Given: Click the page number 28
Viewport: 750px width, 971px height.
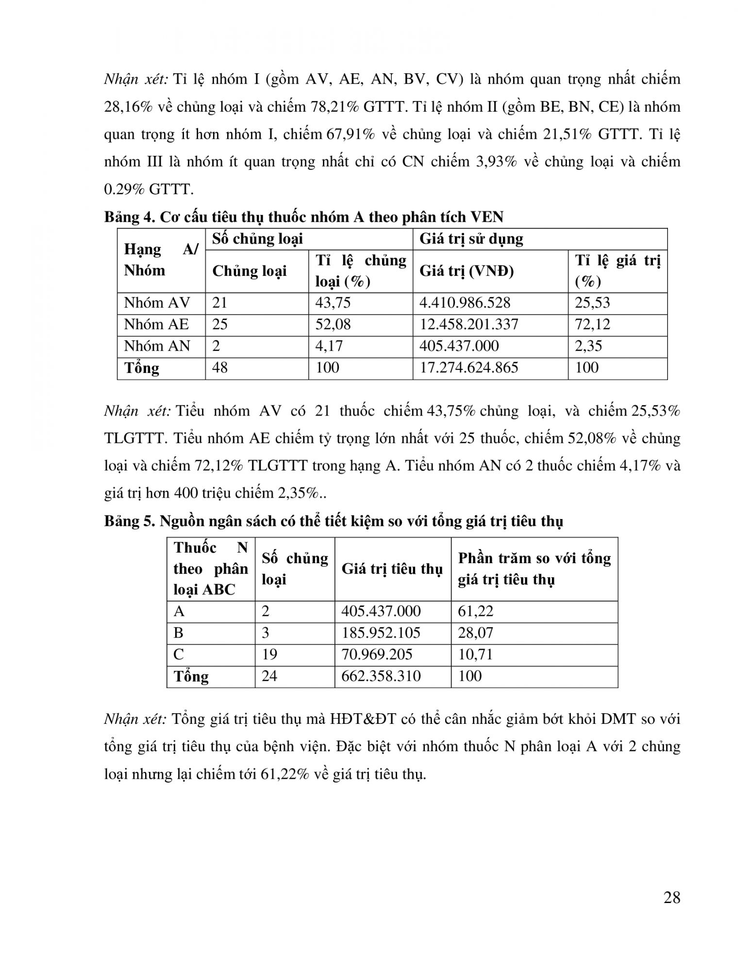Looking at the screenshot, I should click(x=671, y=898).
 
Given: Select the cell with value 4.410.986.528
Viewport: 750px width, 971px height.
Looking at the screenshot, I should click(x=465, y=303).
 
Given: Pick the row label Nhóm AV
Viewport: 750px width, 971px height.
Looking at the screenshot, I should click(x=157, y=303).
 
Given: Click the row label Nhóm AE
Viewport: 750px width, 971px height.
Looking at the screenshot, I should click(x=156, y=324).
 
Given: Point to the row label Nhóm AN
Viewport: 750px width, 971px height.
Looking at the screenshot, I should click(x=157, y=346).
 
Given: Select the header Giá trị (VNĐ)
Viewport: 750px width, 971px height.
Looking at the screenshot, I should click(x=466, y=271).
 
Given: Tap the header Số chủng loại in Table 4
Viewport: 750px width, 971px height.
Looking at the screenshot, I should click(x=257, y=239).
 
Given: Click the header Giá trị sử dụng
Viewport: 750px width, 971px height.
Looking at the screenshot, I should click(x=471, y=239).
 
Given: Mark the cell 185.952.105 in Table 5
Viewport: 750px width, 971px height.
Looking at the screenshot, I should click(x=381, y=633).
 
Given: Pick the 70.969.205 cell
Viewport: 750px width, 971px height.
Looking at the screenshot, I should click(x=377, y=654).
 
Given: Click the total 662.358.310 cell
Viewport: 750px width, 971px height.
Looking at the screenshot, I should click(x=381, y=676).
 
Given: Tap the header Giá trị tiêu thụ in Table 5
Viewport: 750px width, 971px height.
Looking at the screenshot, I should click(x=392, y=569).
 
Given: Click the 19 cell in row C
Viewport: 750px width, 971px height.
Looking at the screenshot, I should click(x=269, y=654).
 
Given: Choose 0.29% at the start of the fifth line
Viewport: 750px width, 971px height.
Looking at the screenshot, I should click(x=124, y=189).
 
